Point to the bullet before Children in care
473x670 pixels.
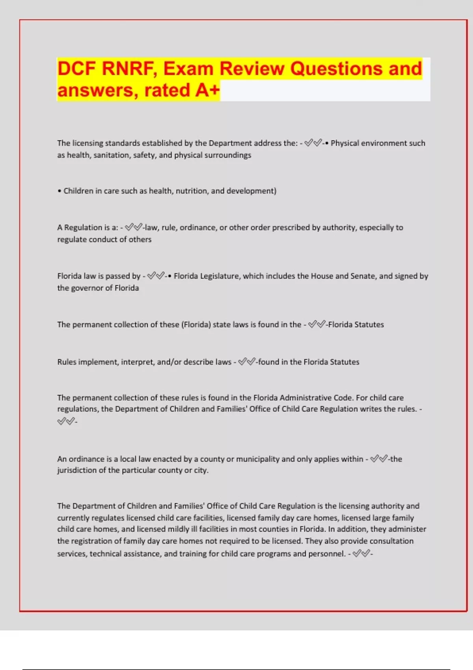60,191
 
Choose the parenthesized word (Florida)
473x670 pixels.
196,325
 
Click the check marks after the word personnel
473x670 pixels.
361,554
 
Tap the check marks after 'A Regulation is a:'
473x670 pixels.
133,227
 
